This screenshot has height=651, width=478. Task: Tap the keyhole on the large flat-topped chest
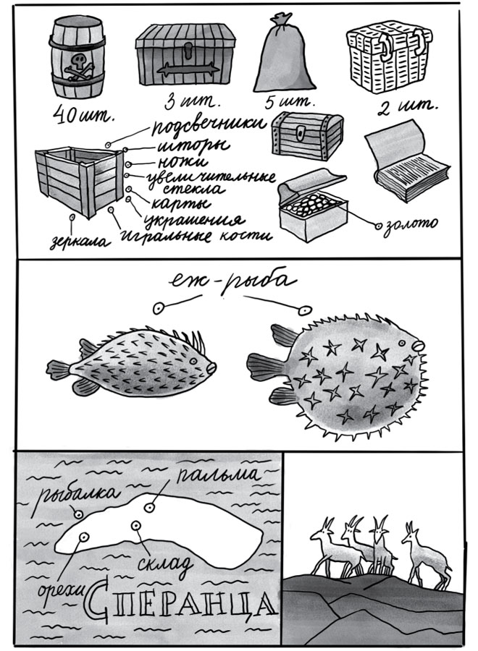tap(186, 53)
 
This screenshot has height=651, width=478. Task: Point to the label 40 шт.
tap(84, 116)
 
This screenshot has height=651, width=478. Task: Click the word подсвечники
tap(208, 125)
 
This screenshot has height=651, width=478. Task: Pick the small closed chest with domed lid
tap(307, 135)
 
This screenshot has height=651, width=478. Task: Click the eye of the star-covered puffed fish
tap(401, 343)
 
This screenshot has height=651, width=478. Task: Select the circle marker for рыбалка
tap(77, 514)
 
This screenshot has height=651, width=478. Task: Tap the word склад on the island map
tap(165, 563)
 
